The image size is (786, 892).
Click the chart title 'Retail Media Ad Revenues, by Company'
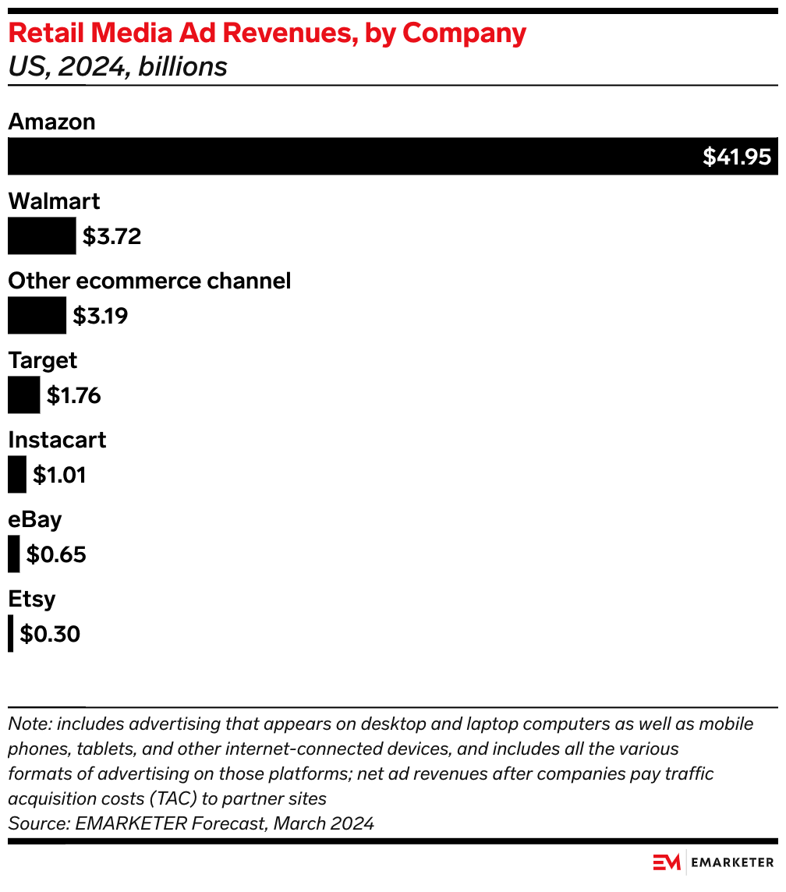pos(267,34)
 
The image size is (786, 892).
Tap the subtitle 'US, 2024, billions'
pos(117,67)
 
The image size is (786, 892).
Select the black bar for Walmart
pos(41,236)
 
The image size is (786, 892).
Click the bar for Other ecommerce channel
pos(37,316)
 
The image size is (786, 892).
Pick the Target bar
pos(23,395)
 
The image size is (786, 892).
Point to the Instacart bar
pos(16,475)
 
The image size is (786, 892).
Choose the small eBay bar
pos(13,554)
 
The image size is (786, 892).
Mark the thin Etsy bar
pos(10,634)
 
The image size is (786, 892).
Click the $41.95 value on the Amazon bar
pos(736,157)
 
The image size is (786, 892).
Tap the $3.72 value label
pos(112,236)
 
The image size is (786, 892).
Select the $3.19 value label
pos(100,316)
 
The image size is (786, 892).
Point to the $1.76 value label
pos(73,395)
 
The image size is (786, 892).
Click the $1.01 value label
pos(58,475)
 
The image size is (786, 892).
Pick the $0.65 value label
pos(55,554)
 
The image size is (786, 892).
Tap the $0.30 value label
pos(50,634)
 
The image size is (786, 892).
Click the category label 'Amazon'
pos(51,122)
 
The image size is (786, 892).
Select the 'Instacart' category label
pos(57,440)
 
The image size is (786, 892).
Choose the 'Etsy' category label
pos(32,599)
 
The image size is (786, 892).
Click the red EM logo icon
pos(667,862)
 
